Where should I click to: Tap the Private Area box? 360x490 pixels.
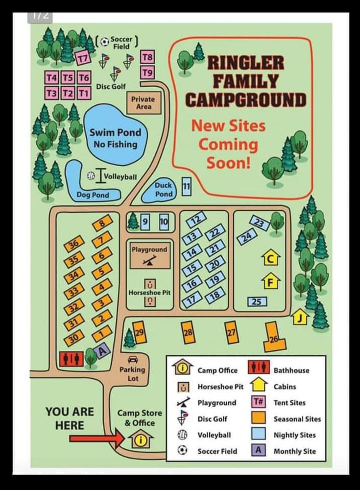coord(143,102)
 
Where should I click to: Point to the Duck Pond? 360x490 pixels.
coord(164,190)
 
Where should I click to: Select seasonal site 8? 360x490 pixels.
coord(102,224)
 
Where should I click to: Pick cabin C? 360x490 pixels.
coord(270,258)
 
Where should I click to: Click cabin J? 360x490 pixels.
coord(300,318)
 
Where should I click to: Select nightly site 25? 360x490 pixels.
coord(257,301)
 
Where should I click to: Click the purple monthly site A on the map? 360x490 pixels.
coord(102,350)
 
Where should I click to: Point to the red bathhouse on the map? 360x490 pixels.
coord(72,359)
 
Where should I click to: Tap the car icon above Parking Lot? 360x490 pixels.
coord(133,359)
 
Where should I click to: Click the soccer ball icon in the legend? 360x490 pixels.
coord(182,451)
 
